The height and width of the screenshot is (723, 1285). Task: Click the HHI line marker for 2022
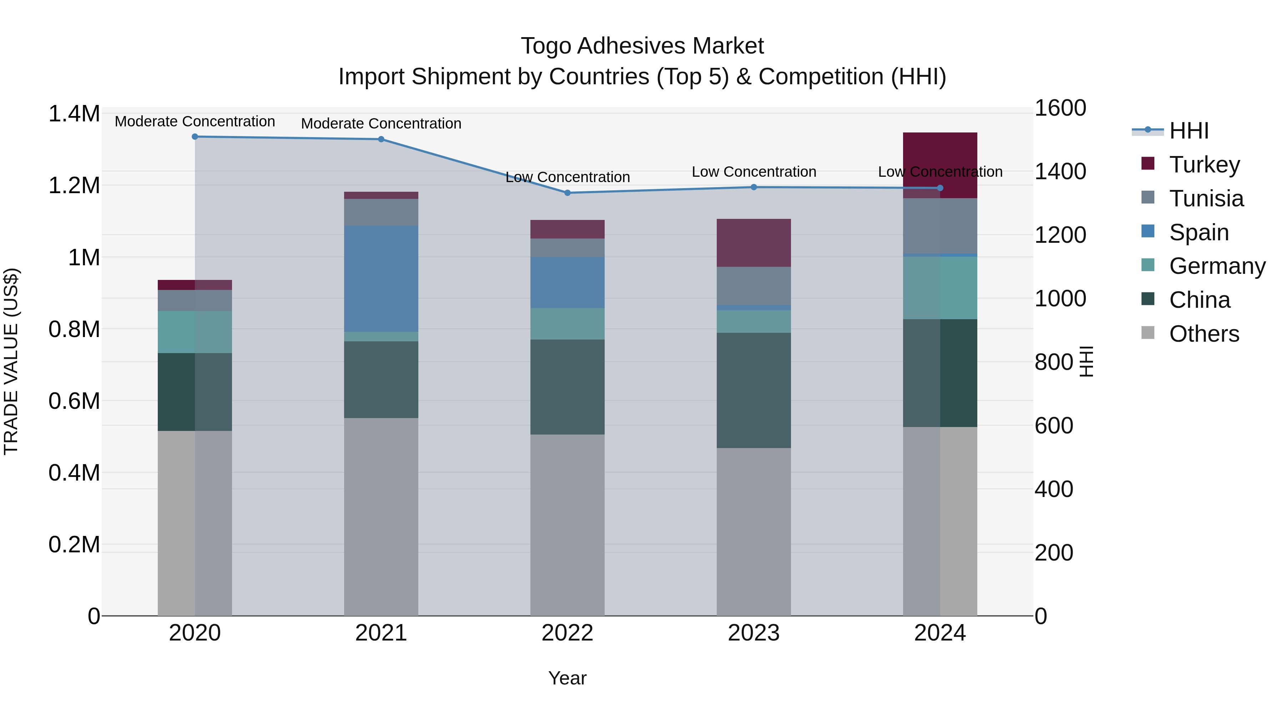tap(567, 192)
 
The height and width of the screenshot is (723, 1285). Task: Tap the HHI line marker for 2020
tap(195, 136)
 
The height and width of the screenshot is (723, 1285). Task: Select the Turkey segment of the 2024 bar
tap(940, 165)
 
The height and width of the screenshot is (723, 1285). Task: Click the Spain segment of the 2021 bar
tap(381, 278)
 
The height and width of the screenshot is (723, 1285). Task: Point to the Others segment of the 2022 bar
tap(567, 524)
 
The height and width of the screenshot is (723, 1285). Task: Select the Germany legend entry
tap(1217, 266)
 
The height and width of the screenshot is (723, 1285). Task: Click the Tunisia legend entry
tap(1206, 198)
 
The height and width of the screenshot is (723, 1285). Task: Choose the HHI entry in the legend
tap(1188, 131)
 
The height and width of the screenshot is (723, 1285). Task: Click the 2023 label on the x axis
tap(754, 633)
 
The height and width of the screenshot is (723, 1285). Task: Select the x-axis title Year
tap(567, 678)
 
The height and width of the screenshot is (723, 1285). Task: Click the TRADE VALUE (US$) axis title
tap(11, 361)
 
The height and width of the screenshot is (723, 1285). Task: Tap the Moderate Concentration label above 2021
tap(381, 123)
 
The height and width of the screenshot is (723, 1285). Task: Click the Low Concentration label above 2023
tap(754, 172)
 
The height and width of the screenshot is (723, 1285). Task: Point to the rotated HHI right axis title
tap(1086, 361)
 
